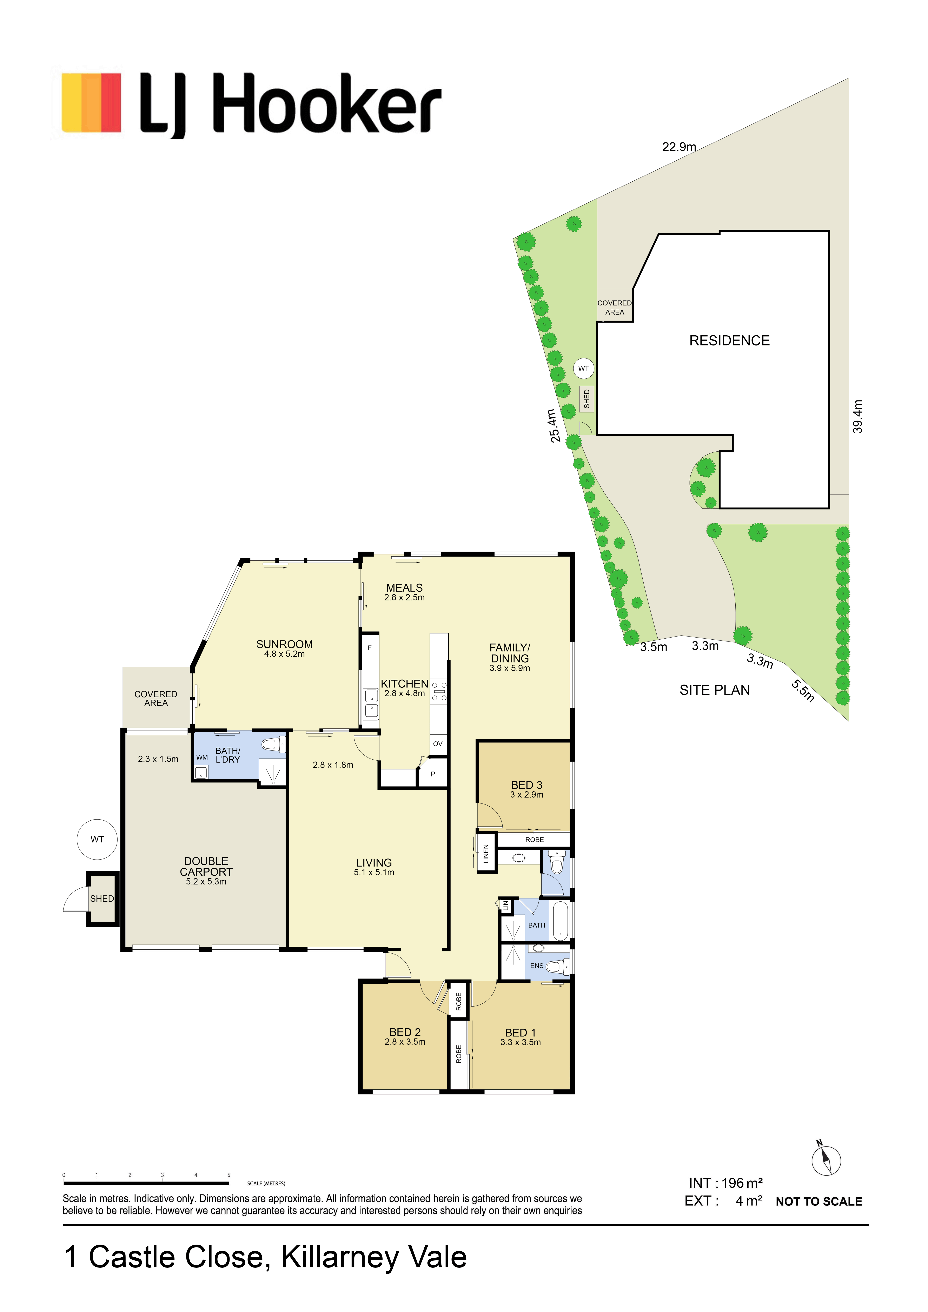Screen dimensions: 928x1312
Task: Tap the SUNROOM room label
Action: [284, 644]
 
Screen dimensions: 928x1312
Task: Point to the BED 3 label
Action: [527, 785]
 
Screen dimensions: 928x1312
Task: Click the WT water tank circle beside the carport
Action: [97, 839]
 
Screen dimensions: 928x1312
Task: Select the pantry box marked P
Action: [433, 774]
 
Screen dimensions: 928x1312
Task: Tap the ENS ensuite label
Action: [537, 966]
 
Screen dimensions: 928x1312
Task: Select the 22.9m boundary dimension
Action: [679, 147]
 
